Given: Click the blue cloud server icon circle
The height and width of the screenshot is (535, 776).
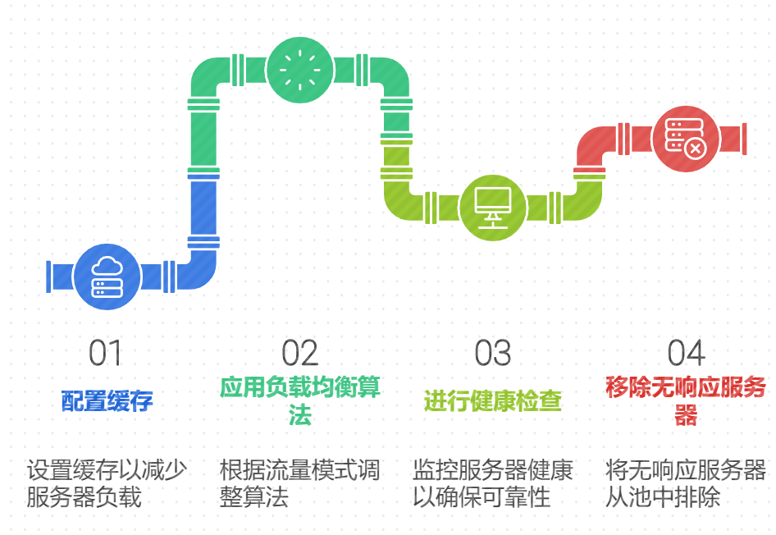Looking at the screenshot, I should (x=107, y=276).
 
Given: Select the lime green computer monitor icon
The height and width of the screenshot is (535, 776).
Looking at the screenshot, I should (x=493, y=208).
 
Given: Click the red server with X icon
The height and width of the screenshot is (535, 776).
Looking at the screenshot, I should (x=685, y=138).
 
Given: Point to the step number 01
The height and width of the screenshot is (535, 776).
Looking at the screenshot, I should (x=106, y=353).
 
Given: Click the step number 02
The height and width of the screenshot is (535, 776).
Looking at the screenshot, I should (x=299, y=353).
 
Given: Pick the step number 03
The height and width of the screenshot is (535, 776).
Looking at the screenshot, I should (x=493, y=353).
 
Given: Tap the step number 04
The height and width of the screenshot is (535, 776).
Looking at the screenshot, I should (x=686, y=353).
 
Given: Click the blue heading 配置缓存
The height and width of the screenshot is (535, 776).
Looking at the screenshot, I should (x=107, y=401).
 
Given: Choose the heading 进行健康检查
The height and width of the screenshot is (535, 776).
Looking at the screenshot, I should (x=493, y=401).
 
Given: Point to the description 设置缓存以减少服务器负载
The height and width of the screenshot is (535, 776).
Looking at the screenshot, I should (x=107, y=483).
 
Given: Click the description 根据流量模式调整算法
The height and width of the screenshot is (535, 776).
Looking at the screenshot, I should (x=299, y=483).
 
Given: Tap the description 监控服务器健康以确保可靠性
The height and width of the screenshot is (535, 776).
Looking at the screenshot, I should (x=493, y=483).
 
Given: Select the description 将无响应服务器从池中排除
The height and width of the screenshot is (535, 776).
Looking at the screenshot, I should (x=686, y=483).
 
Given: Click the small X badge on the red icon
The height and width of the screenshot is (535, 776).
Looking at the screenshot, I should (x=695, y=148).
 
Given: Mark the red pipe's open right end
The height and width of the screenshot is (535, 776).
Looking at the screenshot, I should (x=744, y=138).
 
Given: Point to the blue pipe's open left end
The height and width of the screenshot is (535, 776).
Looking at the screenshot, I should (x=49, y=277).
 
